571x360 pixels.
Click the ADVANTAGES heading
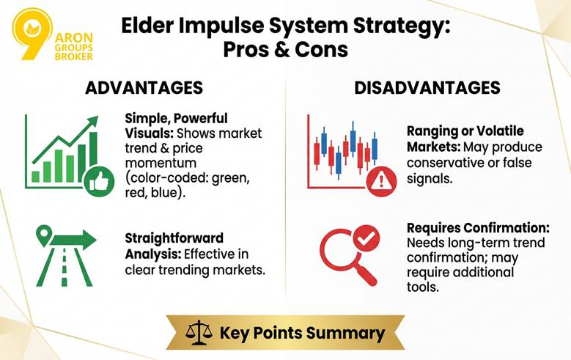[144, 87]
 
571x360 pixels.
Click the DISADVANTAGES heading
[427, 87]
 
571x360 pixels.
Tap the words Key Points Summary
[302, 333]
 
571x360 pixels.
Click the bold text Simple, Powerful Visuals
[166, 125]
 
